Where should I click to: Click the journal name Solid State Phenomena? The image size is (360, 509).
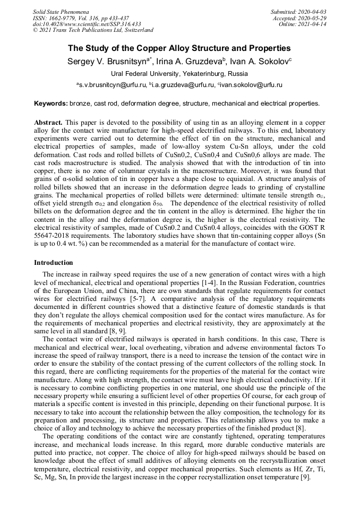[x=61, y=12]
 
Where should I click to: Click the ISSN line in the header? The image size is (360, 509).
[x=80, y=18]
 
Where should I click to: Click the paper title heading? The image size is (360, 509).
[x=179, y=48]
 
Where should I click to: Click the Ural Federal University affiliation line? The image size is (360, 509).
[x=179, y=74]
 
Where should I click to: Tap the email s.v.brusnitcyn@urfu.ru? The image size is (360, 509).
[x=112, y=85]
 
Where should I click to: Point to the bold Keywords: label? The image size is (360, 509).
[x=51, y=103]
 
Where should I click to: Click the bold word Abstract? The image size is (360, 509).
[x=48, y=122]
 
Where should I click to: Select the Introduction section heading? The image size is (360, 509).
[x=54, y=262]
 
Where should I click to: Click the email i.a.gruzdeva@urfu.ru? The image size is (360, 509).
[x=182, y=85]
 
